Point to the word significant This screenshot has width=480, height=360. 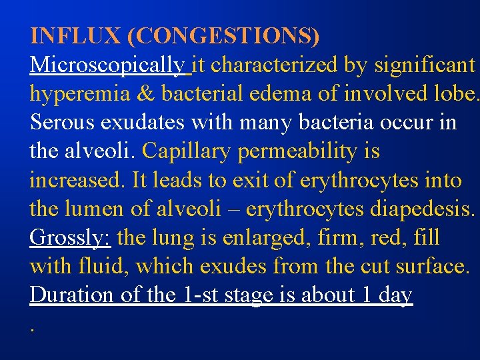[425, 65]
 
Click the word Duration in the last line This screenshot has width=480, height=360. [72, 295]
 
